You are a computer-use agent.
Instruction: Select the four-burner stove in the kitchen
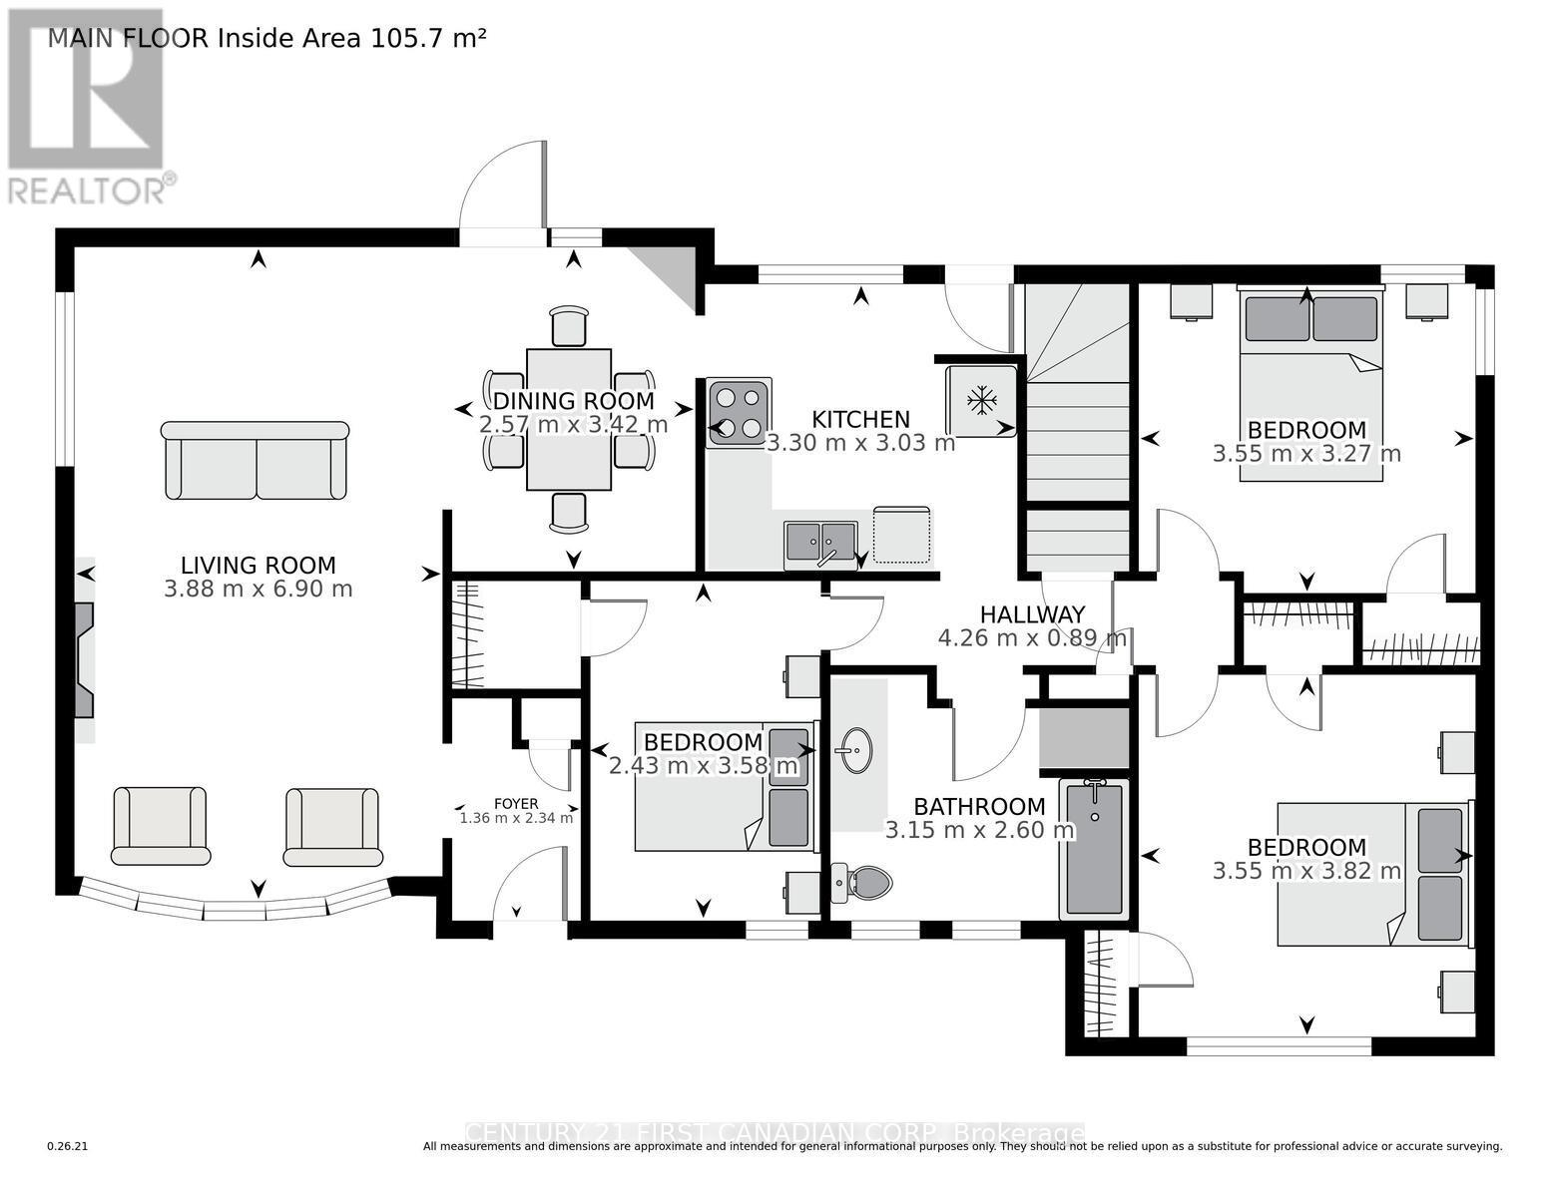pos(739,412)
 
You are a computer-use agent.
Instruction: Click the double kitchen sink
pos(820,542)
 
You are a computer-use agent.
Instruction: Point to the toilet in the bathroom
pos(864,882)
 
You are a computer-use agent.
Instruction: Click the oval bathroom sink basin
pos(855,749)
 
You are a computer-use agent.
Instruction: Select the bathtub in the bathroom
pos(1094,848)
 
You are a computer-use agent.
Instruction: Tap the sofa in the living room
pos(256,459)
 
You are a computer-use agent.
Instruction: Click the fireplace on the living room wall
pos(84,659)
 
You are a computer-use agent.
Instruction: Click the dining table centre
pos(569,419)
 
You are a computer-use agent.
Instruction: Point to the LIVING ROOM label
pos(258,566)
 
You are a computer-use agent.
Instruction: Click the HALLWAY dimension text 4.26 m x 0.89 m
pos(1032,637)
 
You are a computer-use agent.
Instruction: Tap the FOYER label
pos(516,803)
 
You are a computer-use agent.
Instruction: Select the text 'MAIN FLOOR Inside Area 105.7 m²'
pos(267,39)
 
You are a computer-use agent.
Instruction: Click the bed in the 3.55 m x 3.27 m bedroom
pos(1310,384)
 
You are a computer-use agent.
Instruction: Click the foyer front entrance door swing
pos(529,885)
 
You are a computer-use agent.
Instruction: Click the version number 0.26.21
pos(68,1147)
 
